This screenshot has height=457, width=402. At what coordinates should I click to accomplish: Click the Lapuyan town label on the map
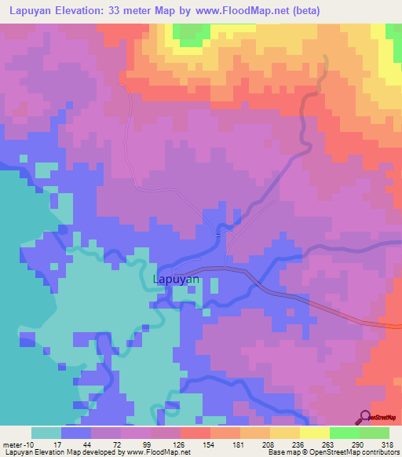174,278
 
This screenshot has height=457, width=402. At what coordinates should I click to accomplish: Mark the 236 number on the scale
302,444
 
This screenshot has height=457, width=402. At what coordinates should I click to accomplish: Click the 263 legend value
331,444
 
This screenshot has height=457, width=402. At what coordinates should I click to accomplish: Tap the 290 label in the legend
361,444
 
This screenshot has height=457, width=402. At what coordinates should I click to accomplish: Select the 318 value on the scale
390,444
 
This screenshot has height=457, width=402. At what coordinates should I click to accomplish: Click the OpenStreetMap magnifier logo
366,417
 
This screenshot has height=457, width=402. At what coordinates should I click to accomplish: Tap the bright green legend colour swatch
344,433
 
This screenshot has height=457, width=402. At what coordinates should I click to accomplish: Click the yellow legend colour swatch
314,433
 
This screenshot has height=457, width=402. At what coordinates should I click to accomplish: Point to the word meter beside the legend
15,444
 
